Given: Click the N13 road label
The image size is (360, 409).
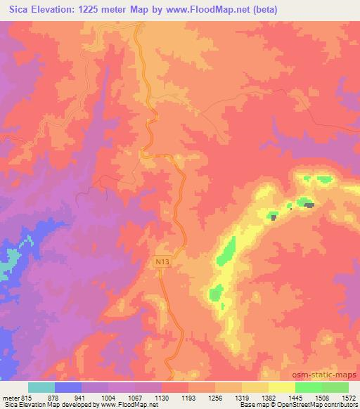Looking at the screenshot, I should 162,261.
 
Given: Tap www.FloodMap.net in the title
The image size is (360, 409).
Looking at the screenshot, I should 207,10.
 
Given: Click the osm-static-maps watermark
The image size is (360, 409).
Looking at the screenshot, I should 327,373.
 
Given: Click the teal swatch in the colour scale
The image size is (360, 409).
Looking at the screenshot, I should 41,387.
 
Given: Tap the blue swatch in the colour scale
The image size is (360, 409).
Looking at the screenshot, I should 68,387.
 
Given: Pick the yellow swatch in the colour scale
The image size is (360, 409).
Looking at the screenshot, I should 281,387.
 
